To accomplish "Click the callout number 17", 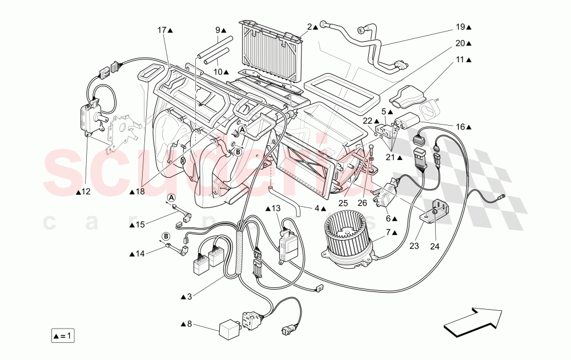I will (162, 30).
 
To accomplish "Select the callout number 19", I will (461, 26).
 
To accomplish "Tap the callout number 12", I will (86, 192).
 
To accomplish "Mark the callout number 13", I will (276, 208).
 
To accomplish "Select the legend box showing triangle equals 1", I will (62, 335).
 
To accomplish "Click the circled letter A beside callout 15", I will (171, 198).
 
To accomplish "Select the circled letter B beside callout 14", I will (166, 235).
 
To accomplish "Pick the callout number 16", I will (461, 127).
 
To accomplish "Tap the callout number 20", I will (461, 43).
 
